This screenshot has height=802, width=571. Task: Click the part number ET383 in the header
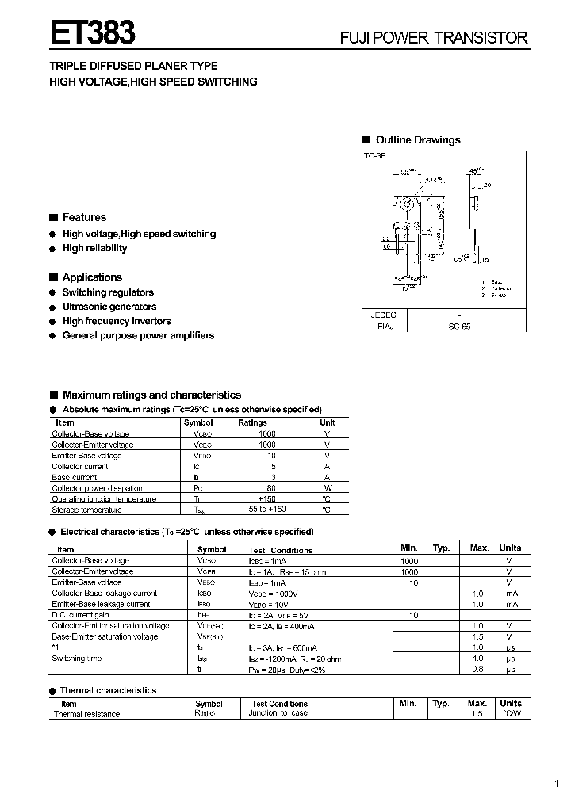point(93,34)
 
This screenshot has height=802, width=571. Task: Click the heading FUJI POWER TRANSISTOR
point(434,38)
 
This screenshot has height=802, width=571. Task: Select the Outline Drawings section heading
point(417,140)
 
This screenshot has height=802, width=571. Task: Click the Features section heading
point(83,217)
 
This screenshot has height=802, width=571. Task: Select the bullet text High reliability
point(94,248)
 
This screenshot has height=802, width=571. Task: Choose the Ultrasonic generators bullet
point(109,307)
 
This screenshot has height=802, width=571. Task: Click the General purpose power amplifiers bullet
point(138,335)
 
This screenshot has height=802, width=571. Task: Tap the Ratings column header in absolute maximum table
point(252,422)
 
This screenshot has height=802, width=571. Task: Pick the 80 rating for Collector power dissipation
point(271,488)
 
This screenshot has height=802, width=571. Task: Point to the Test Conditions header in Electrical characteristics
point(281,550)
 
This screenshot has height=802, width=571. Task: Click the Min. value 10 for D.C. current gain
point(413,615)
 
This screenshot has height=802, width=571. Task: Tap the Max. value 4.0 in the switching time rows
point(477,659)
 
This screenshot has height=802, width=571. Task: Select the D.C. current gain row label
point(80,615)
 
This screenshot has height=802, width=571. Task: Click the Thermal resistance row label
point(86,714)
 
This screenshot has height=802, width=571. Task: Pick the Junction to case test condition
point(278,713)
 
